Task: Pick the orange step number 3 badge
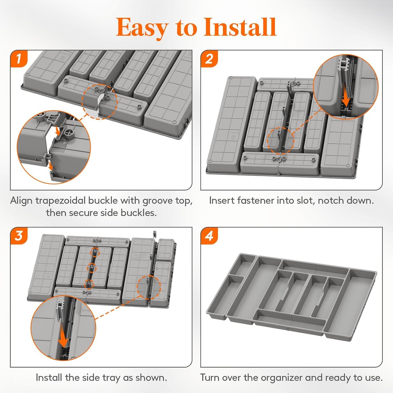19,236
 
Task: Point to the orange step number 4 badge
209,236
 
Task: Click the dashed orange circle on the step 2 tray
281,141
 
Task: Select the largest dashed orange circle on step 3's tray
149,287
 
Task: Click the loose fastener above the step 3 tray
155,234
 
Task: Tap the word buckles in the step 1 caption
139,212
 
